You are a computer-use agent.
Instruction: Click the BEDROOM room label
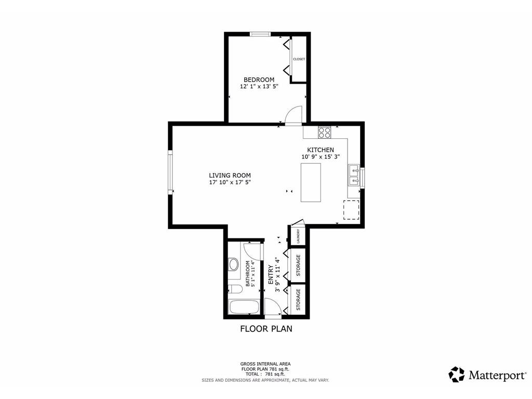[x=259, y=79]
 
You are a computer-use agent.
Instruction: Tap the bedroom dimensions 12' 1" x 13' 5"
[x=259, y=87]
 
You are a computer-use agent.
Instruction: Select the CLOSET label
[x=299, y=59]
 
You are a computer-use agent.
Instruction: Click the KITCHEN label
[x=321, y=150]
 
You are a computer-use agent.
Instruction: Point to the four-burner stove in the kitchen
[x=324, y=132]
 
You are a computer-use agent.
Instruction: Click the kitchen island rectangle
[x=311, y=182]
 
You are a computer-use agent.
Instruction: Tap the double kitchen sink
[x=354, y=175]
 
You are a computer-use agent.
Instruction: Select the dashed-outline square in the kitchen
[x=351, y=210]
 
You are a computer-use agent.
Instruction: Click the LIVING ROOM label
[x=230, y=176]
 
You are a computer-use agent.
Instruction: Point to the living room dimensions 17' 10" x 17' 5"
[x=230, y=182]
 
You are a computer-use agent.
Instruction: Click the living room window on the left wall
[x=170, y=173]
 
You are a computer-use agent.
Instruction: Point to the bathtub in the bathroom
[x=244, y=308]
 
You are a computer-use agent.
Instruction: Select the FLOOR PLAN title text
[x=266, y=329]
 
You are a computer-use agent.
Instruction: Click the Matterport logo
[x=487, y=375]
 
